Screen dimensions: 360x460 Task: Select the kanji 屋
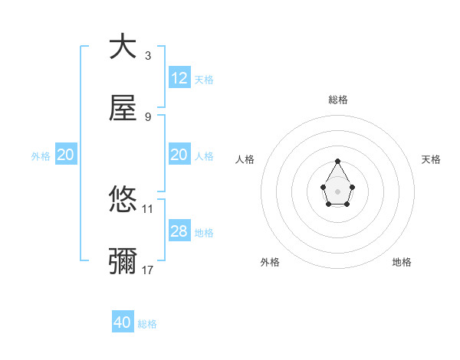[x=123, y=109]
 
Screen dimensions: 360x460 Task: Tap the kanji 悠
[x=123, y=201]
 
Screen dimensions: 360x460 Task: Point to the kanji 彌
[x=123, y=262]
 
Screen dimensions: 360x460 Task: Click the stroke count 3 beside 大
[x=148, y=56]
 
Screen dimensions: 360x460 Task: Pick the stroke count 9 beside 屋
[x=148, y=117]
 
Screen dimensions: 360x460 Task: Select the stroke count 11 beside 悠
[x=148, y=208]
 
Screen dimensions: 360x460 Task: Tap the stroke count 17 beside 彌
[x=148, y=270]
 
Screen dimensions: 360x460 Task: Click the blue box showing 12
[x=179, y=78]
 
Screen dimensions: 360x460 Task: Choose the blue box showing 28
[x=179, y=231]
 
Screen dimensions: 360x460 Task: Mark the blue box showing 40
[x=123, y=322]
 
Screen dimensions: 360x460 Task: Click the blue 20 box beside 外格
[x=65, y=155]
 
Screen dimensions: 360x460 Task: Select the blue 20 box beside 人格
[x=179, y=155]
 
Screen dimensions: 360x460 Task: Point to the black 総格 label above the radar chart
[x=338, y=100]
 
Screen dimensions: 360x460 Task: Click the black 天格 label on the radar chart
[x=431, y=159]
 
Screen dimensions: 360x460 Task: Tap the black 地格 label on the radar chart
[x=402, y=262]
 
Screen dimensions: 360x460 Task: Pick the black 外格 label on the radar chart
[x=270, y=262]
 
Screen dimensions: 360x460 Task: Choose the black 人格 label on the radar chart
[x=245, y=159]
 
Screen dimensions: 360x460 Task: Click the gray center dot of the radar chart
[x=337, y=190]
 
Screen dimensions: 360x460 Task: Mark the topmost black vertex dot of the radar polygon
[x=337, y=161]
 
